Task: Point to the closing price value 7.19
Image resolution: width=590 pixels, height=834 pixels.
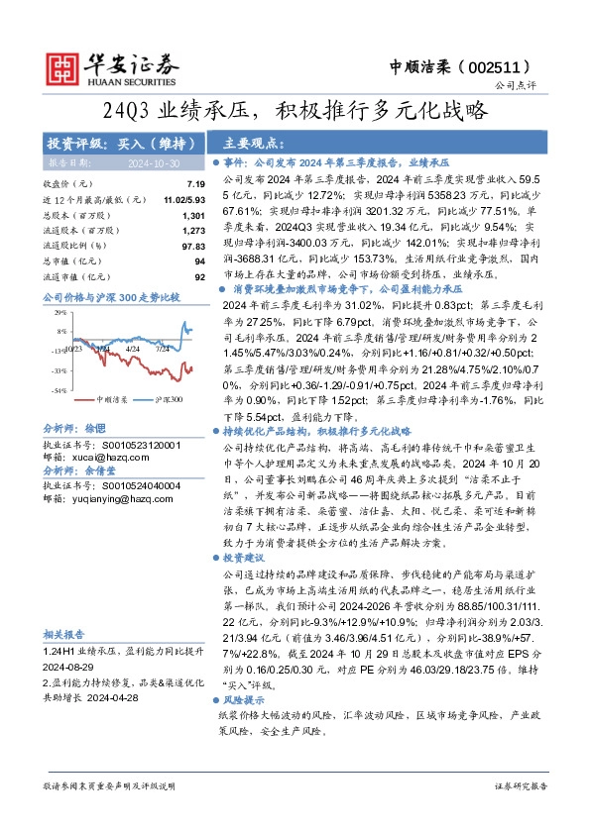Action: point(194,185)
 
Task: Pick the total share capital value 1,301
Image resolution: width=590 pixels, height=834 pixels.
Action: point(193,215)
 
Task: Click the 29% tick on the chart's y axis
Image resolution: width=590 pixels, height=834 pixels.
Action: point(61,311)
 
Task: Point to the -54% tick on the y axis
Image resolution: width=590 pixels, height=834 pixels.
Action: point(59,390)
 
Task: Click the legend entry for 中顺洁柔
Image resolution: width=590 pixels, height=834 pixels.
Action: point(113,399)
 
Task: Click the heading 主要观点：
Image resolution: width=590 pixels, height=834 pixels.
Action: point(249,142)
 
